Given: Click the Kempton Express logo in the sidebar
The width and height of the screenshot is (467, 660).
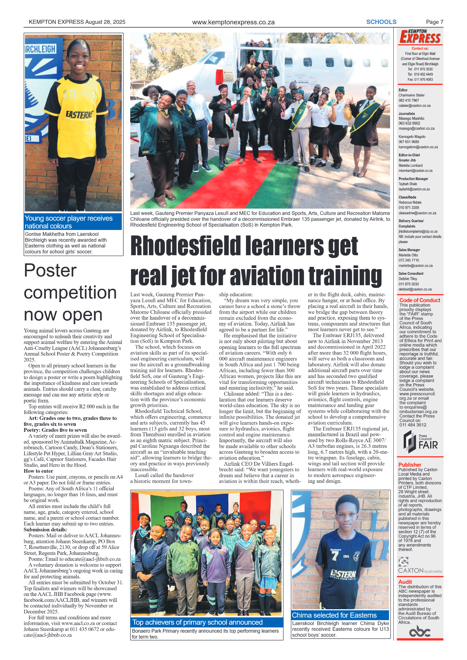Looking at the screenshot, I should (x=420, y=37).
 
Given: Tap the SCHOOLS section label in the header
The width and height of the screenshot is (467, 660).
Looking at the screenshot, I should (x=381, y=22).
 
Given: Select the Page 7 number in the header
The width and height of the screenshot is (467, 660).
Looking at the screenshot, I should (x=434, y=22).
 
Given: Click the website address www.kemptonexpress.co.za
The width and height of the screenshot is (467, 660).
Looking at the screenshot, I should (x=233, y=22).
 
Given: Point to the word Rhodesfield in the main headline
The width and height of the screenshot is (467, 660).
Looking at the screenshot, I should (x=185, y=246).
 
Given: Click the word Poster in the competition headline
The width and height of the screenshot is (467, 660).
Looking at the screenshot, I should (x=50, y=271).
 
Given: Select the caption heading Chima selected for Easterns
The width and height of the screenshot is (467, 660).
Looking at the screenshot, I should (x=334, y=615).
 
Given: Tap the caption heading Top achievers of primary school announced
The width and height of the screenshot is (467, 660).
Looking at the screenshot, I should (x=198, y=622).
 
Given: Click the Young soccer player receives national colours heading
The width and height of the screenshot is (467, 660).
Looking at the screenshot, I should (x=69, y=222).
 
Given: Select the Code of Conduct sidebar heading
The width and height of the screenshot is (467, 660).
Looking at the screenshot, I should (x=419, y=300).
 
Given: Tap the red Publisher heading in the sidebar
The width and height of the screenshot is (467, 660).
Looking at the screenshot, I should (x=410, y=465).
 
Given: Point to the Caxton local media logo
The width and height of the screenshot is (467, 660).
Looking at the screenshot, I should (x=419, y=567).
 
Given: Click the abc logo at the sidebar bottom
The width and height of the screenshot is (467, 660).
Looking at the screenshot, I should (x=419, y=632).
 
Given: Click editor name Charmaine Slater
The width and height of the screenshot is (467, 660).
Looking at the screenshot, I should (x=411, y=95).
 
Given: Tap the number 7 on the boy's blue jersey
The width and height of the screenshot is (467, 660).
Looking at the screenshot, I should (x=335, y=556).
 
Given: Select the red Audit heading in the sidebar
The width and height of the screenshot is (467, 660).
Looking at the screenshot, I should (x=405, y=582).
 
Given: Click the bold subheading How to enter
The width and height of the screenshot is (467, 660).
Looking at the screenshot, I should (x=38, y=471).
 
